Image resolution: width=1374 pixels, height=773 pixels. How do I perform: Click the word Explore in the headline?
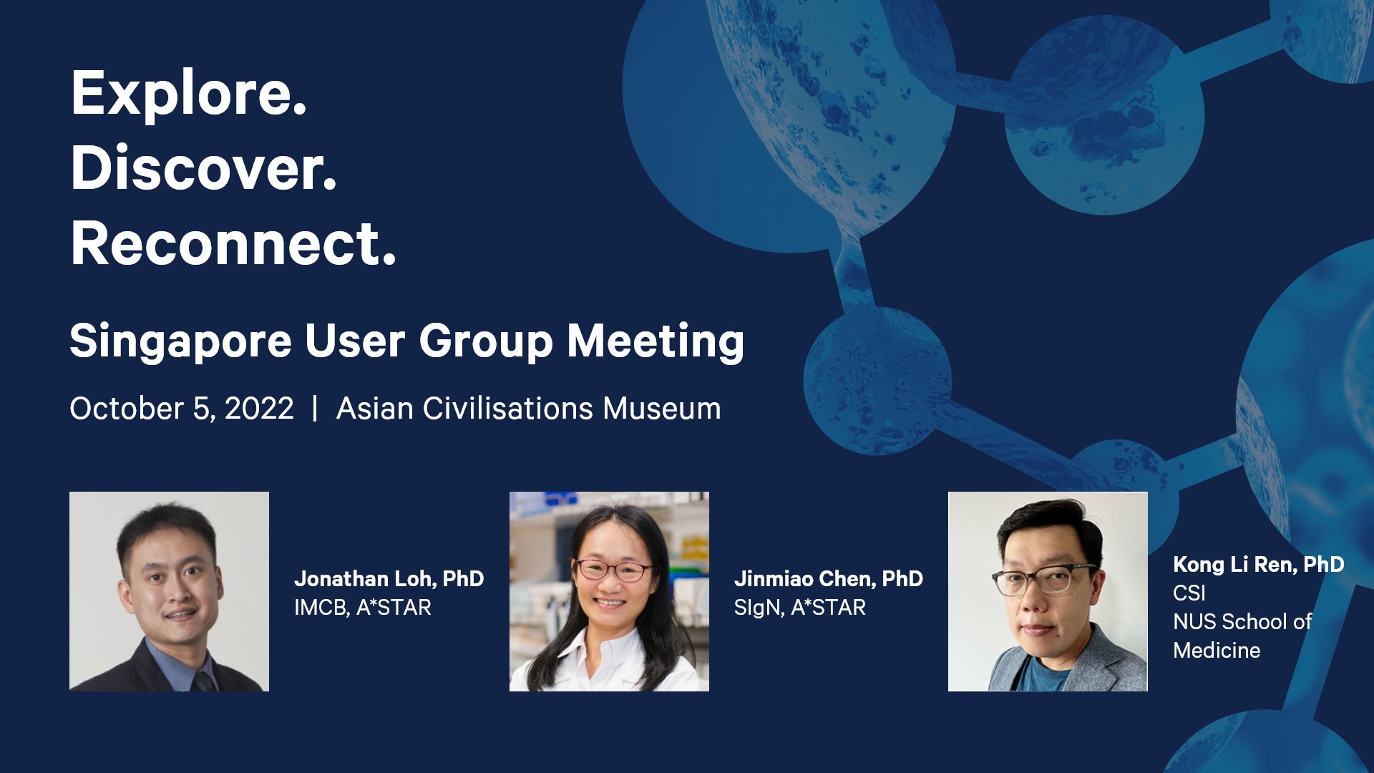click(187, 94)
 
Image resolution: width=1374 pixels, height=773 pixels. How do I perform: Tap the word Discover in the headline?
click(203, 169)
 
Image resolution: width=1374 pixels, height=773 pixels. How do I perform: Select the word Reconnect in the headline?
click(233, 244)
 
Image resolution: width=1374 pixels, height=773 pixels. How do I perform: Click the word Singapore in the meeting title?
click(180, 341)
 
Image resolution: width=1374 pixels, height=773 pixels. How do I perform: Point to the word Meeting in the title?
click(655, 341)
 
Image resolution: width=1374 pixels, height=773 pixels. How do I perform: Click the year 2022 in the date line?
click(259, 409)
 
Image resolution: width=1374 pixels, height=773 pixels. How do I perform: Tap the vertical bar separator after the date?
click(315, 409)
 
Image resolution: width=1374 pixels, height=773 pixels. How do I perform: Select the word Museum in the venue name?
click(661, 409)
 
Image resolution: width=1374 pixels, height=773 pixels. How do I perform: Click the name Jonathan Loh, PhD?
click(389, 578)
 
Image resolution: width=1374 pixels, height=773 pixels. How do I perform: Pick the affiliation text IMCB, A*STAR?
click(362, 608)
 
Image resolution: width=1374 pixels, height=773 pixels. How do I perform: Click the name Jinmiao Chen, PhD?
click(828, 578)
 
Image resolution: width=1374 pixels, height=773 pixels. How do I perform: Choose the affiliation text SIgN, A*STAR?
click(799, 608)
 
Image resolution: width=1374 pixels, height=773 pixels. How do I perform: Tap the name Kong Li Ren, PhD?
click(1258, 564)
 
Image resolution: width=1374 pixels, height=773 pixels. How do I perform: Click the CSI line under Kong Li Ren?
click(1189, 593)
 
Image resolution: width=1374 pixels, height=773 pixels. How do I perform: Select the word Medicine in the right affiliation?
click(1217, 651)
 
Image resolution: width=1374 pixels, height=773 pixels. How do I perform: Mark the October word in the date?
click(127, 409)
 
